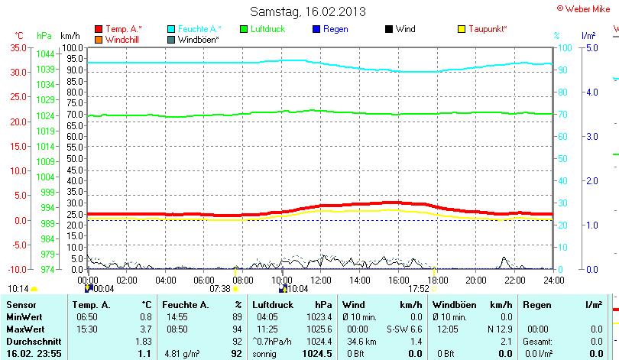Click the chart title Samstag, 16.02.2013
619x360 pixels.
(308, 11)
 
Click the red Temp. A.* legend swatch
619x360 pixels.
(99, 29)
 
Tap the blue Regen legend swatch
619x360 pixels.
(317, 29)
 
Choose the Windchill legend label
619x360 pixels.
(122, 39)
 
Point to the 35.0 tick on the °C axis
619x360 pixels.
(17, 47)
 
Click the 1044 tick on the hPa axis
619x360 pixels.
(45, 54)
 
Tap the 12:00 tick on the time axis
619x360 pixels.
(321, 281)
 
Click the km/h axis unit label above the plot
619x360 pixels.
(70, 36)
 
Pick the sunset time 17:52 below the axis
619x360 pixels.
(419, 289)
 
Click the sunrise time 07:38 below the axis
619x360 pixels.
(220, 289)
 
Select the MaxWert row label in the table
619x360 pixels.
(24, 328)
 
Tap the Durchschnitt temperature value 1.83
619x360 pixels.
(143, 340)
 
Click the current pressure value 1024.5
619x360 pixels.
(317, 354)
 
